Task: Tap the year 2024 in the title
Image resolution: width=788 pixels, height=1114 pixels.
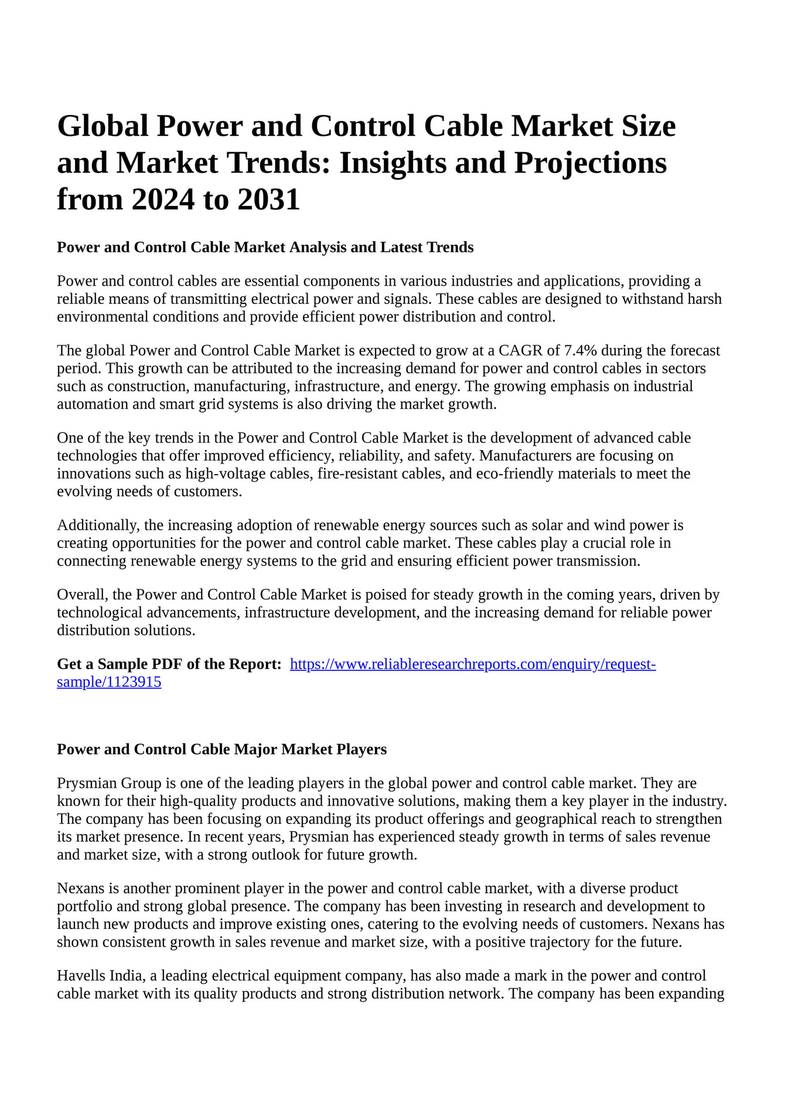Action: pos(162,200)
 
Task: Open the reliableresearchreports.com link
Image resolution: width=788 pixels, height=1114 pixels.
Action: pos(473,664)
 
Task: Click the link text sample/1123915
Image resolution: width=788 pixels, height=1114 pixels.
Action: pos(109,682)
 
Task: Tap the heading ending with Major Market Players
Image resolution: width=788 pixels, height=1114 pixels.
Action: pos(221,749)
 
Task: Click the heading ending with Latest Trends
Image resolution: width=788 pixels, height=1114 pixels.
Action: pos(265,248)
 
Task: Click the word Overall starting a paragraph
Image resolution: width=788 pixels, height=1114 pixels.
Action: pos(81,595)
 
